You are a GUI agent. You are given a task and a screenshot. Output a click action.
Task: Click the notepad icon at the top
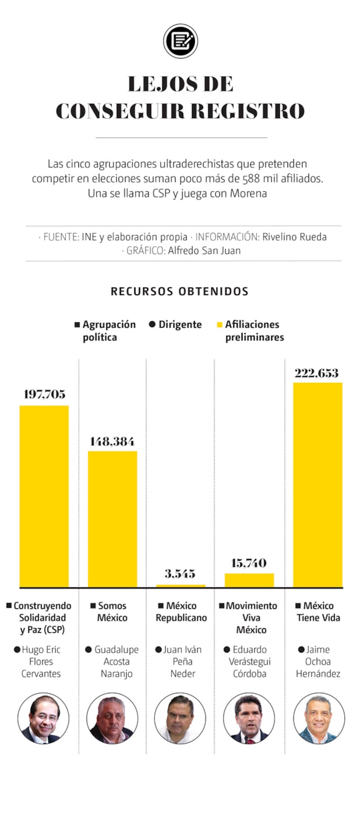[180, 41]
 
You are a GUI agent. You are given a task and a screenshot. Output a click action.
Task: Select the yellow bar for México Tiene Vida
[318, 485]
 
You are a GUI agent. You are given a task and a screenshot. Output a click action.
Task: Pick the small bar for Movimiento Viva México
[249, 580]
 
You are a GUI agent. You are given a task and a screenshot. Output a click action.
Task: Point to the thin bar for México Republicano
[181, 586]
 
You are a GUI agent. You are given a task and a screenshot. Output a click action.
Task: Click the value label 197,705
[45, 394]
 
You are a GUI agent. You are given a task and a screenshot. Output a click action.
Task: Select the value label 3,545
[180, 573]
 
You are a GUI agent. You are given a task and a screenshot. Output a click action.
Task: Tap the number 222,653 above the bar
[317, 373]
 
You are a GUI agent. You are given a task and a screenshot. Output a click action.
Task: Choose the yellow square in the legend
[220, 325]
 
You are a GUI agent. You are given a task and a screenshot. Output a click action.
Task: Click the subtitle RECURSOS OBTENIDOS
[180, 291]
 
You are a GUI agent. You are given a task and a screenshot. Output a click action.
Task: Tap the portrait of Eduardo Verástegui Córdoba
[249, 718]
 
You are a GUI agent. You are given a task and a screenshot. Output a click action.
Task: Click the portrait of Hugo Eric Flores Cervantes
[43, 719]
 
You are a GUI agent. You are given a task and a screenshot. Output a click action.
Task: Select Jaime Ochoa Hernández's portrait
[319, 718]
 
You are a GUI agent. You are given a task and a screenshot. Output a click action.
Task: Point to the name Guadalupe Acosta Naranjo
[116, 662]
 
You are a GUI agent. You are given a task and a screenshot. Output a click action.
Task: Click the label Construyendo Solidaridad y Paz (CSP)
[42, 618]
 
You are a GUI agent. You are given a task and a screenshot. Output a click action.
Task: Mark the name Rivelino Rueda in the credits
[294, 237]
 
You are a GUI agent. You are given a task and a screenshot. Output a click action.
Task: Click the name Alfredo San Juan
[204, 251]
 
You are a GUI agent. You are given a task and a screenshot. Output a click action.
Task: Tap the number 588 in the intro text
[251, 179]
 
